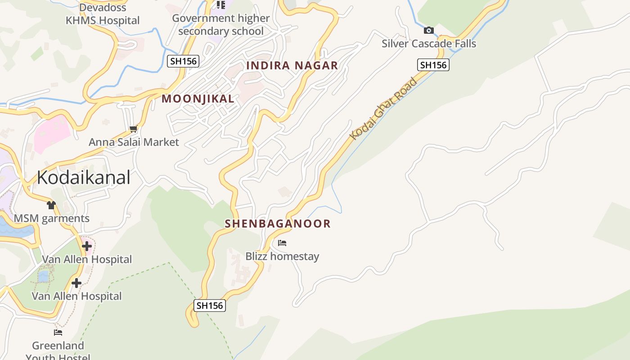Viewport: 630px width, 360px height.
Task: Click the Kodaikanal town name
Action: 83,177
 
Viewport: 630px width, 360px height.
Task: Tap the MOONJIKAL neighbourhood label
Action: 198,99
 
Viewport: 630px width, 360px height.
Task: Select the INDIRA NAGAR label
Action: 292,65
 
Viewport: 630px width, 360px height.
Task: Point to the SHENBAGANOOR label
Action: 278,223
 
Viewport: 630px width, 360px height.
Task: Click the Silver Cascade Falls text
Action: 428,44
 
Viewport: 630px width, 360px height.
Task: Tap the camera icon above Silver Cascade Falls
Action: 429,30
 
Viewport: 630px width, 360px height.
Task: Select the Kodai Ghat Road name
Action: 384,108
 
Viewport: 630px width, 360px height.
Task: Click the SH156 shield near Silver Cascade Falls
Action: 433,65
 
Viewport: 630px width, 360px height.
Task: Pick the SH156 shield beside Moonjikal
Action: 183,61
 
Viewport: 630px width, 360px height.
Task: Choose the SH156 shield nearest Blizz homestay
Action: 210,306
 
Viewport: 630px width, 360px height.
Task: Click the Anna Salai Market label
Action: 134,142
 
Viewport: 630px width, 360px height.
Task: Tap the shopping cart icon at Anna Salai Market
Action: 133,129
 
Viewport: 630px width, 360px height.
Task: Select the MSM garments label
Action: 52,219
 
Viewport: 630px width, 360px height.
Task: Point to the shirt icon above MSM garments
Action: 51,205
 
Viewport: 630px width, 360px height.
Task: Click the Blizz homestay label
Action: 282,256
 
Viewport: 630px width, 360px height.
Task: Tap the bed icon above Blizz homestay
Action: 282,243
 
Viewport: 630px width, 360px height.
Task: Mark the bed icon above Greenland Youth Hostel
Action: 58,333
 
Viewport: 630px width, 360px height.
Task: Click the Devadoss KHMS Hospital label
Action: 103,14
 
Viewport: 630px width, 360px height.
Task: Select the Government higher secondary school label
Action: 220,25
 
